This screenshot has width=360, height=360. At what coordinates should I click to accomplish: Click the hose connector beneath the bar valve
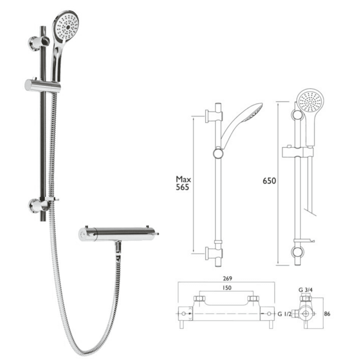click(118, 248)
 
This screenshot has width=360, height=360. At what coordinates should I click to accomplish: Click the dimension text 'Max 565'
click(182, 183)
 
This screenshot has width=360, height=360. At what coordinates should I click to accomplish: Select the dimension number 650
click(269, 181)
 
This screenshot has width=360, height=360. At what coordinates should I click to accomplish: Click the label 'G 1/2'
click(284, 314)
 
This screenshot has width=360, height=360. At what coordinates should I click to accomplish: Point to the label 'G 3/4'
click(306, 290)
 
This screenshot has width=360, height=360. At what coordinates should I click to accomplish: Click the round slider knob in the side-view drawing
click(218, 154)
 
